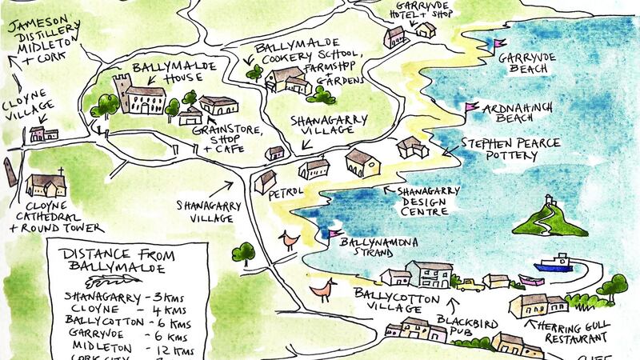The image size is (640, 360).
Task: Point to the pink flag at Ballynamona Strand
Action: (327, 234)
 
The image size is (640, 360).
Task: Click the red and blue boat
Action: (554, 263)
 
